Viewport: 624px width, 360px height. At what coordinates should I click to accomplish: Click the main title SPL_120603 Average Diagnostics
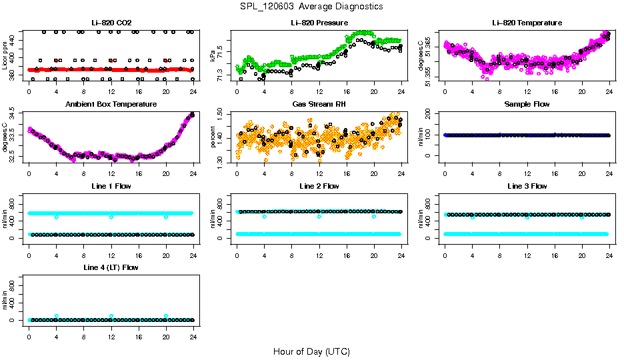pos(312,6)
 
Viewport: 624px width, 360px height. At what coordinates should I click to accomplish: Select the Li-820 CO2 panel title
pos(111,23)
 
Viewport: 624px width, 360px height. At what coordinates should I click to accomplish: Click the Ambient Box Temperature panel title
pos(111,105)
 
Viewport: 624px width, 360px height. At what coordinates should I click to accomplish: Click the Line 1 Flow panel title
pos(111,186)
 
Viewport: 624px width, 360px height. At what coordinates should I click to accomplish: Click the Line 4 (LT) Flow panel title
pos(111,267)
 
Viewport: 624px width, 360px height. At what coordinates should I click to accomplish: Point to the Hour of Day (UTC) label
pos(311,351)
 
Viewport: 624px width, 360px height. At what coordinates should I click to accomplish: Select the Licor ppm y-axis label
pos(5,55)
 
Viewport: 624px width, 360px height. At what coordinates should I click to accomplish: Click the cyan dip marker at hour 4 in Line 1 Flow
pos(57,217)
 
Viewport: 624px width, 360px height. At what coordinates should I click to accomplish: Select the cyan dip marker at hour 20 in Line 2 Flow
pos(374,217)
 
